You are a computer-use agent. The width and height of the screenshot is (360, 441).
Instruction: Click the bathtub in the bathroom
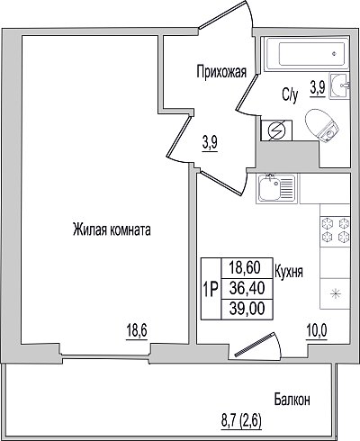[307, 54]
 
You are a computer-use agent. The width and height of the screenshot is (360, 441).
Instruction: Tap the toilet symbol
[321, 125]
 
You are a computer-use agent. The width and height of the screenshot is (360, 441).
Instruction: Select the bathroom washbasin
[339, 85]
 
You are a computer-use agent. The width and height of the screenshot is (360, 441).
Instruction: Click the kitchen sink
[276, 189]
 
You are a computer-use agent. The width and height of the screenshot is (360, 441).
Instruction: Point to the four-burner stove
[336, 229]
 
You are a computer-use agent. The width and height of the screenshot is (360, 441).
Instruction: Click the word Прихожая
[221, 72]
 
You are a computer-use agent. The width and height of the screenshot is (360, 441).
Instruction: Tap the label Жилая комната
[112, 230]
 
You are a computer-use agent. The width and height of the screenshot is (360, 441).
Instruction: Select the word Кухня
[289, 272]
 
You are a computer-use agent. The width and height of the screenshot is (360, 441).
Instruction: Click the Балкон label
[292, 400]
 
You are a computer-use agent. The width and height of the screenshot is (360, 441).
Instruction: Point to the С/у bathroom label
[290, 95]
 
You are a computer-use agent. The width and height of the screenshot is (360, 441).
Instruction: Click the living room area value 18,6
[137, 332]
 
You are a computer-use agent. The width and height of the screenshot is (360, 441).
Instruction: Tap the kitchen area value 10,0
[317, 332]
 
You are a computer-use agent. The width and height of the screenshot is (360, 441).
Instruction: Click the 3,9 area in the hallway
[210, 144]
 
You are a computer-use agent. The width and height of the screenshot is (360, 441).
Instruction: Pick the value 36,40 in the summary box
[247, 288]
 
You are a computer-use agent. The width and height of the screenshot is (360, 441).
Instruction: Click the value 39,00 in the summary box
[247, 309]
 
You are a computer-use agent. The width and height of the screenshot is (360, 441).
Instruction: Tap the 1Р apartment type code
[211, 290]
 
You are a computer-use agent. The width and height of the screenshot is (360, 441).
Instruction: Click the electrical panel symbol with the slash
[276, 130]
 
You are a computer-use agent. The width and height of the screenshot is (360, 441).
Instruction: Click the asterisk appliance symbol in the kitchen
[335, 293]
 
